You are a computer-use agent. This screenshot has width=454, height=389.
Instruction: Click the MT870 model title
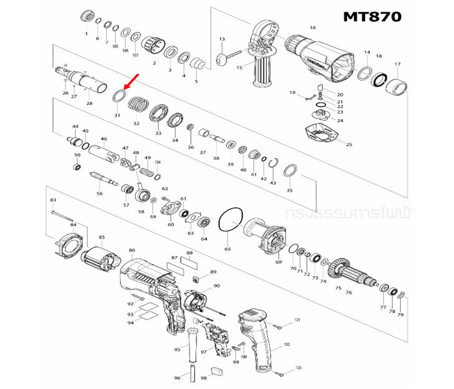(372, 16)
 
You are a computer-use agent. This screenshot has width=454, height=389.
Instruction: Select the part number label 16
(313, 28)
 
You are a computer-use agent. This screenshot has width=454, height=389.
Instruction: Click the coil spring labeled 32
(137, 103)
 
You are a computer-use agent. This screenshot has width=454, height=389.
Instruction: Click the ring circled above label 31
(118, 97)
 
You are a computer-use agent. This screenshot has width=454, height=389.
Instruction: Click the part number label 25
(349, 145)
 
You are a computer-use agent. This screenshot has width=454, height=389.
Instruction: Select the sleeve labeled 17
(397, 86)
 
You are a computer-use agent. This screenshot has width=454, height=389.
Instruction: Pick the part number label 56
(100, 193)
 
